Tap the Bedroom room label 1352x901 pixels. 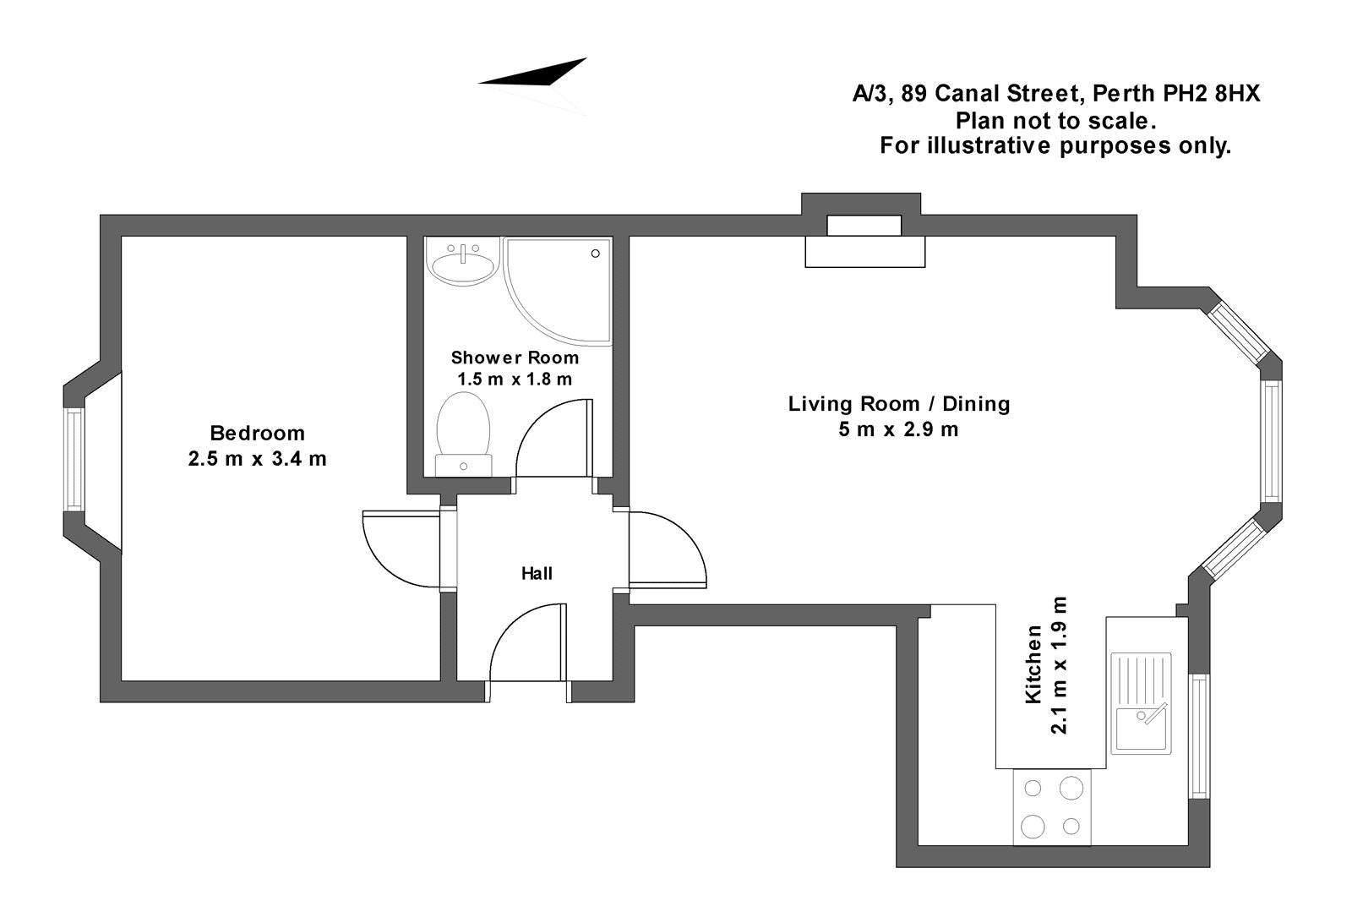tap(257, 434)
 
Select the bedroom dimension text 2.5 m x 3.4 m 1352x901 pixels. tap(257, 459)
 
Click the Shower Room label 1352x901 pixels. tap(515, 358)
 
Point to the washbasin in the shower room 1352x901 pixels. tap(462, 262)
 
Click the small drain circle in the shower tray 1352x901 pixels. tap(596, 253)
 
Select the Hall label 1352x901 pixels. tap(537, 574)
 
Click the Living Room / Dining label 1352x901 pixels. tap(899, 403)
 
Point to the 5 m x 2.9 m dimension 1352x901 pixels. tap(899, 429)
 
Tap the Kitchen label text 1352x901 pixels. tap(1033, 664)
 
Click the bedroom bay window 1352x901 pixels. tap(75, 460)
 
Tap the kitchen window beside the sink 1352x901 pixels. tap(1198, 735)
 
